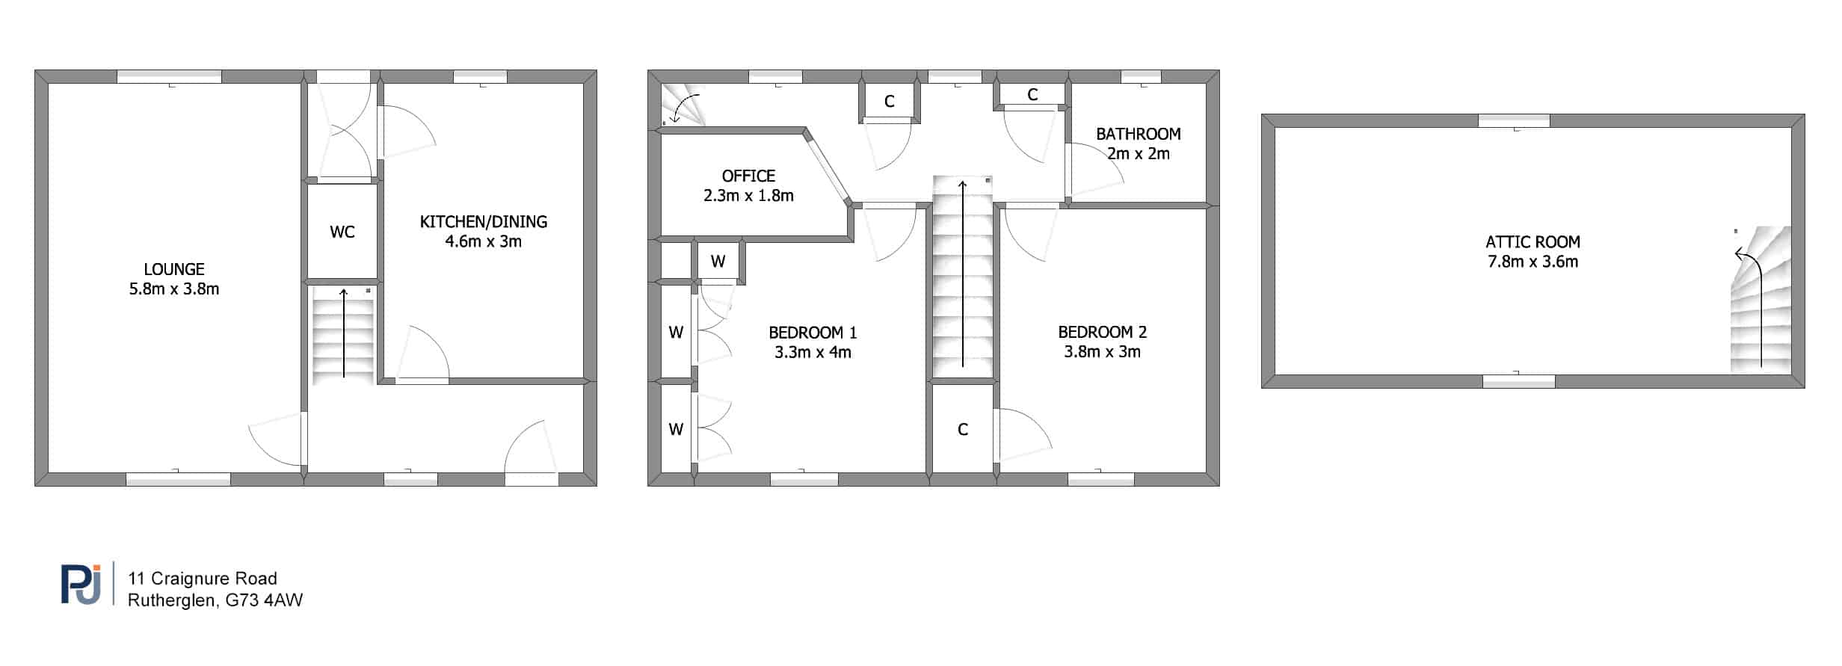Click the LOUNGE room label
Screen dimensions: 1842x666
[x=174, y=269]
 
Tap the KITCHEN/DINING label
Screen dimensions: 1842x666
[x=484, y=222]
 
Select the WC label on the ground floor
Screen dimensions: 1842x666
[x=342, y=232]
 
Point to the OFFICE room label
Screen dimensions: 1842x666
[x=748, y=176]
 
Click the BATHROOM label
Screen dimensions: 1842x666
[x=1139, y=135]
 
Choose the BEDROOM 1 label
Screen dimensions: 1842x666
[x=813, y=333]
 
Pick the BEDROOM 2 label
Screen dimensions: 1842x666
[x=1103, y=333]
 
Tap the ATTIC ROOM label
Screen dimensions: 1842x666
[x=1533, y=242]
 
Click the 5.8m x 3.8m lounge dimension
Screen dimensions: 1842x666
[x=174, y=289]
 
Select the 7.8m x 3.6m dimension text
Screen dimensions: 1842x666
[x=1533, y=262]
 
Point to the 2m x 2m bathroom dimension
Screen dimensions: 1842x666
[x=1139, y=154]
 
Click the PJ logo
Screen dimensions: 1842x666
[x=81, y=583]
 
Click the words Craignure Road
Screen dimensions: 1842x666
[x=214, y=579]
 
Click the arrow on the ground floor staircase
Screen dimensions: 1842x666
[x=344, y=333]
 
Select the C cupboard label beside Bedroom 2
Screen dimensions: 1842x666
[x=963, y=430]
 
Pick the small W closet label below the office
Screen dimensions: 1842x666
[x=718, y=262]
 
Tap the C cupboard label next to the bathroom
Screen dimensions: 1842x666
[x=1032, y=95]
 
